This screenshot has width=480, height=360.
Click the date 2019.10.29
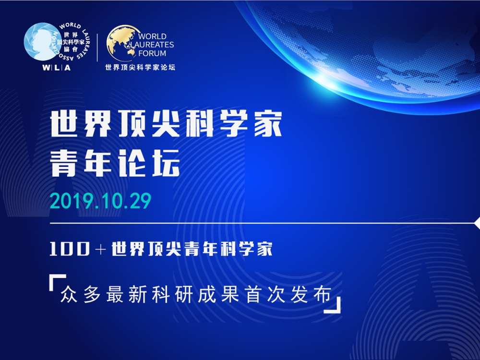click(100, 201)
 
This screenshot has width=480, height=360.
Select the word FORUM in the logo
click(152, 53)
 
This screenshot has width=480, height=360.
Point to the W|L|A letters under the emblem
click(56, 67)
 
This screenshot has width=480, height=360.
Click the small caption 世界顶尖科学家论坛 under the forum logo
click(140, 67)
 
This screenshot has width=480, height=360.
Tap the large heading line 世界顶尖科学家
click(166, 124)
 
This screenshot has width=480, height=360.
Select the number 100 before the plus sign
click(70, 249)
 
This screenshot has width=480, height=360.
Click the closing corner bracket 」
click(333, 305)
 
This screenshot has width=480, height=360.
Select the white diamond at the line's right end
click(477, 223)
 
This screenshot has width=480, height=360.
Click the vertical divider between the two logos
click(97, 48)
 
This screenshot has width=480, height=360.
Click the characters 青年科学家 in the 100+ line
click(228, 249)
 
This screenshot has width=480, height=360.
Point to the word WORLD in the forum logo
click(152, 36)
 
